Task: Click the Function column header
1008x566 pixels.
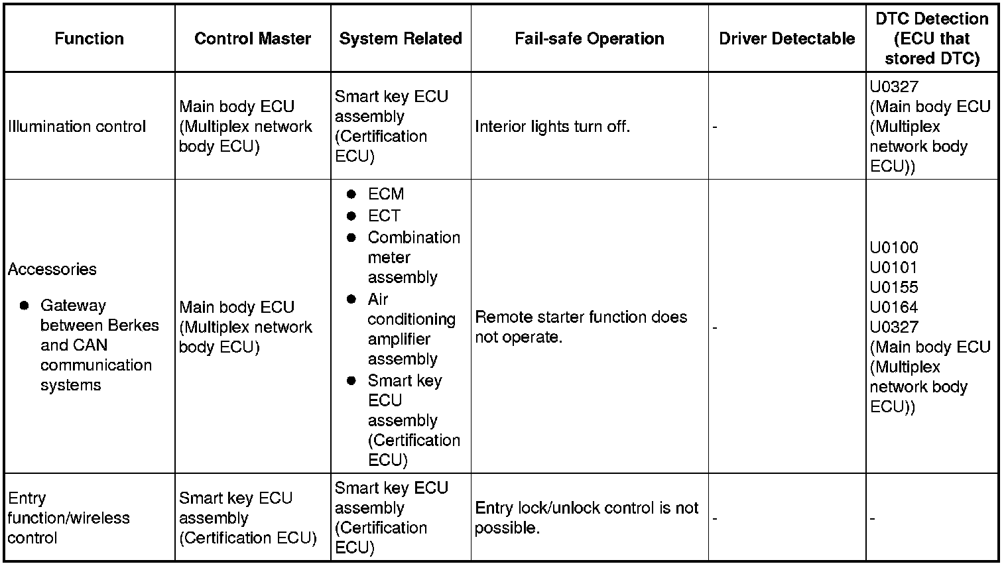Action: click(89, 38)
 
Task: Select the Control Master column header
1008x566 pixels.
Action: click(253, 38)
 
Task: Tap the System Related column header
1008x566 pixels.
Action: click(401, 38)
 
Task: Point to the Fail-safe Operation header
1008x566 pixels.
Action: click(589, 38)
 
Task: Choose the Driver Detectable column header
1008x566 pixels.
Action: click(787, 38)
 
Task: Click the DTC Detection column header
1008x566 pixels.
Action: click(932, 38)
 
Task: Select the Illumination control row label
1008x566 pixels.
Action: click(77, 127)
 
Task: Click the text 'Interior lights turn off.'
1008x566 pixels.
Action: click(552, 127)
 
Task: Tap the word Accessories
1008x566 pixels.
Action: click(52, 269)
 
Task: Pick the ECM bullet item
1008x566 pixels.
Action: click(385, 194)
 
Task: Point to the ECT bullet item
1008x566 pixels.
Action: click(384, 216)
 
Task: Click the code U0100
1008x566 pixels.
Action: click(894, 248)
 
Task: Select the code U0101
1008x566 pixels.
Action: click(894, 268)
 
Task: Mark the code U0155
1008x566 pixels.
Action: click(894, 288)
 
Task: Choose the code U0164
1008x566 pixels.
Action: click(894, 308)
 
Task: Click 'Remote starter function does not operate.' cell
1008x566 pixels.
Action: click(581, 327)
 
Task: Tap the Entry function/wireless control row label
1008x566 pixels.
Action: click(68, 518)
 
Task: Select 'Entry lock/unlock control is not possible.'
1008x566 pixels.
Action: click(586, 518)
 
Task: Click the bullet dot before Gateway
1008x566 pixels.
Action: click(25, 306)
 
